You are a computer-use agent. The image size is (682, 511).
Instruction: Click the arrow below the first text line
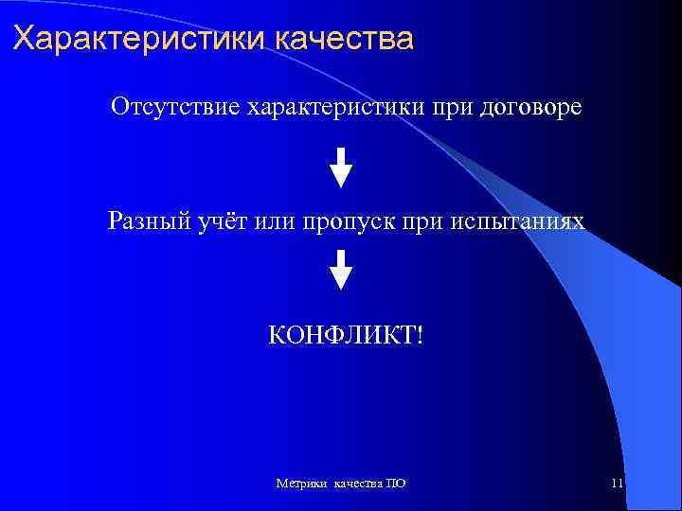click(341, 167)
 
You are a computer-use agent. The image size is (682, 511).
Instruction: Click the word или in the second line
click(277, 221)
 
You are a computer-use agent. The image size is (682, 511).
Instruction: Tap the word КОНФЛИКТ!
click(340, 334)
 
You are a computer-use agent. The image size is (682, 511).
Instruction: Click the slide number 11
click(617, 484)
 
